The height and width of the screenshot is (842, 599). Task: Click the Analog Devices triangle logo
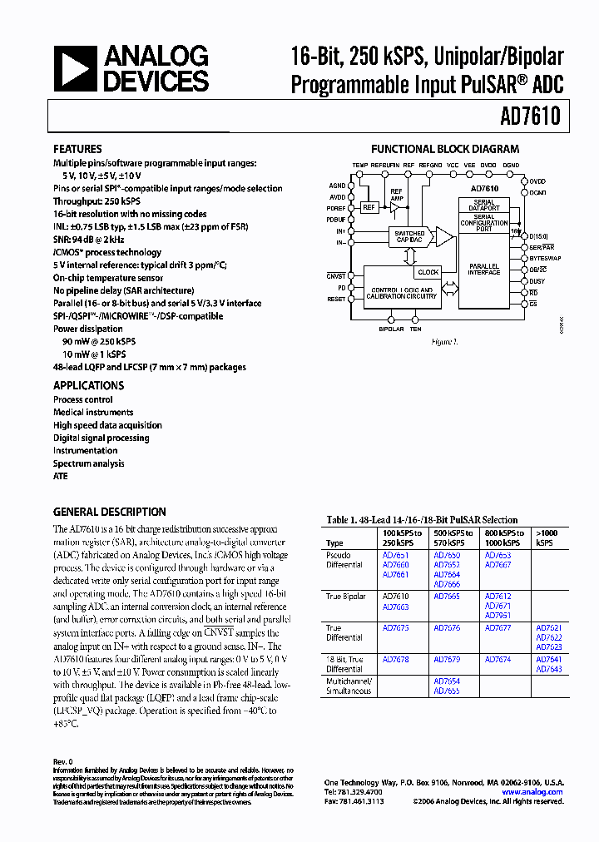[x=75, y=68]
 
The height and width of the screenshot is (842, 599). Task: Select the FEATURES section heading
[x=78, y=150]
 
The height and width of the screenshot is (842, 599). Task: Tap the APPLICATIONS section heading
[x=89, y=385]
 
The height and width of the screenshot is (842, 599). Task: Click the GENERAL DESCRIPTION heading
[x=110, y=512]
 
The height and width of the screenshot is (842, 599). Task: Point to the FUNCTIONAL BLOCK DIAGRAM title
[x=445, y=150]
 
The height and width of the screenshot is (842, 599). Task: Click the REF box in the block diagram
[x=367, y=208]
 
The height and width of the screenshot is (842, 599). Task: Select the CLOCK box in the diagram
[x=428, y=272]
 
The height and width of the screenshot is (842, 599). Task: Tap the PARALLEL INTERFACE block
[x=484, y=270]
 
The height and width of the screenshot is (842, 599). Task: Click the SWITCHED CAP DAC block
[x=411, y=237]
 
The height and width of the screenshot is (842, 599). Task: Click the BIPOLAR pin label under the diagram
[x=391, y=329]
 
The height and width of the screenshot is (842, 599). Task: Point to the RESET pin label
[x=336, y=299]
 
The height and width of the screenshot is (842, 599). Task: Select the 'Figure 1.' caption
[x=444, y=342]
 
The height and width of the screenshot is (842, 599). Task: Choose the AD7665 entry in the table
[x=447, y=597]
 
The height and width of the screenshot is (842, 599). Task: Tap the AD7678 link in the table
[x=395, y=660]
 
